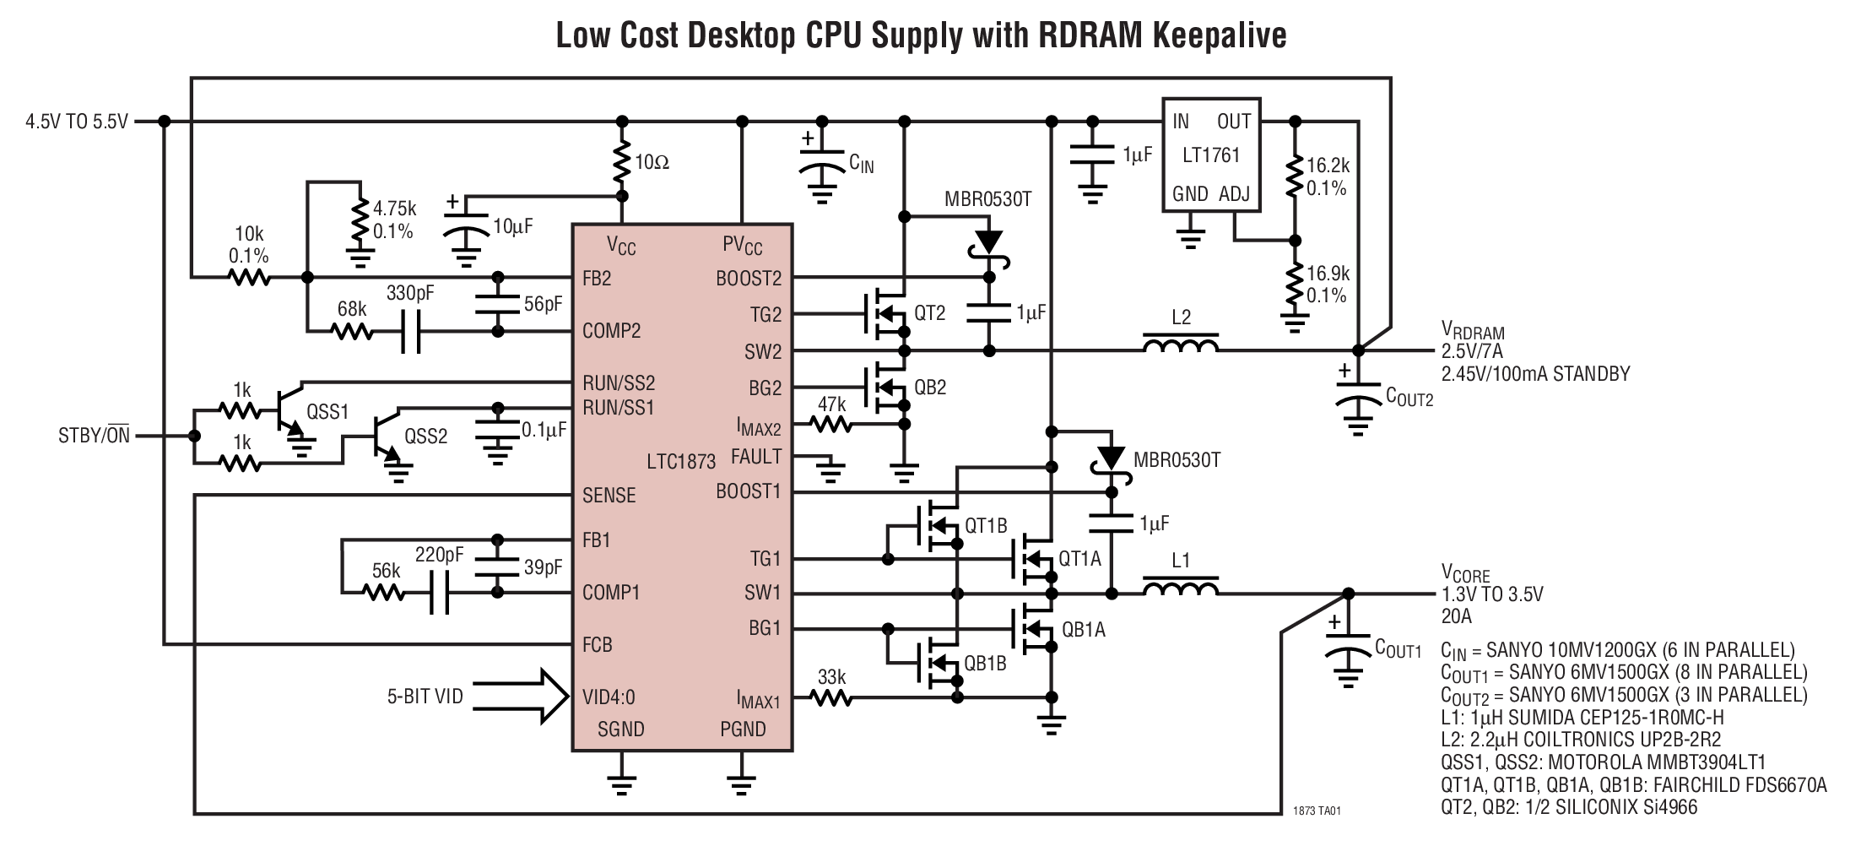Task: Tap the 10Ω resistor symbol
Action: click(622, 163)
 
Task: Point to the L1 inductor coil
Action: click(1180, 588)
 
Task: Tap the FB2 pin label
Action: click(597, 279)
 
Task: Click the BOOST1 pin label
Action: click(748, 491)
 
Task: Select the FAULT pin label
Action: click(755, 457)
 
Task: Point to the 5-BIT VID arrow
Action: click(523, 697)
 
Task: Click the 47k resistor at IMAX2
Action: click(831, 426)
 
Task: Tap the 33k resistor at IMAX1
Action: click(831, 697)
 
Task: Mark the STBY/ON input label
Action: click(94, 437)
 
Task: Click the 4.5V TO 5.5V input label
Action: click(76, 122)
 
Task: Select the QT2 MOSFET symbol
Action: click(882, 314)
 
